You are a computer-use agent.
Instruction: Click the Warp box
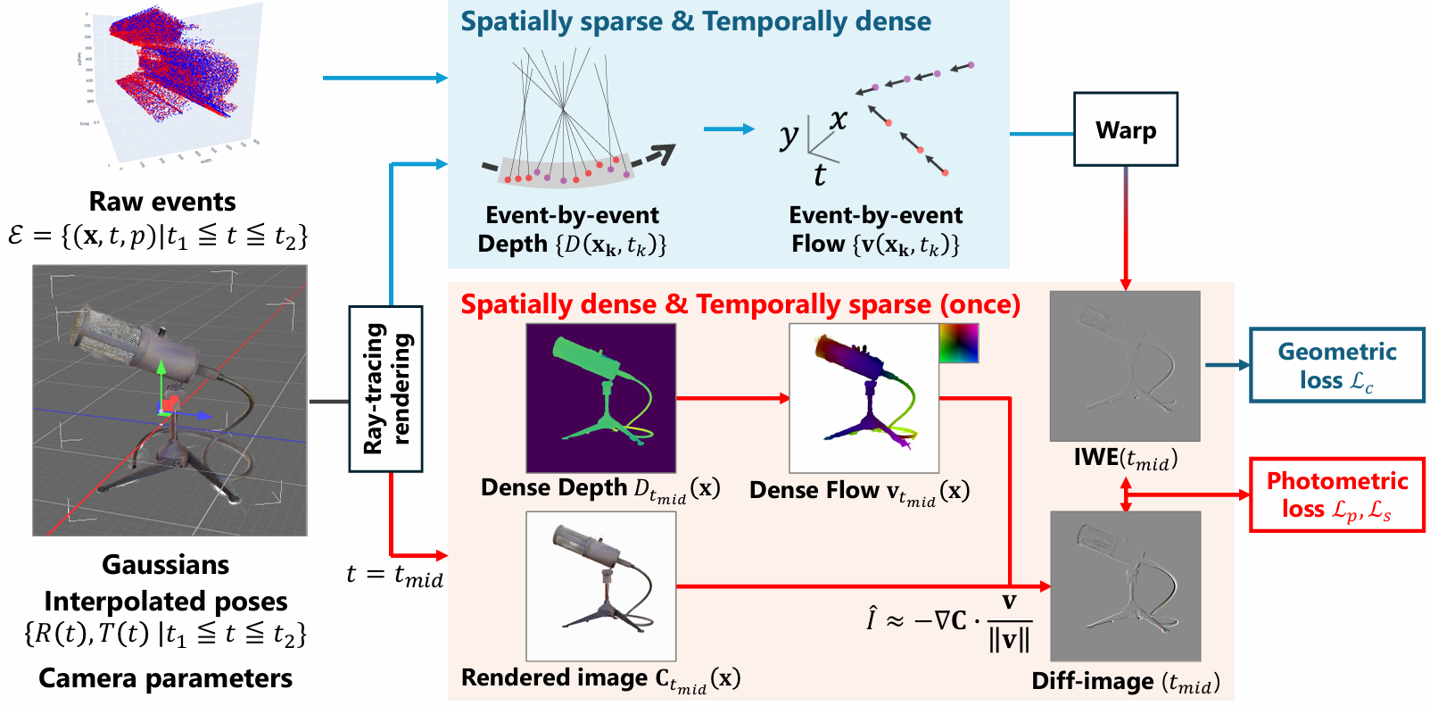[1125, 129]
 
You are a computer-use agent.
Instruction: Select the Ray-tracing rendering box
[385, 388]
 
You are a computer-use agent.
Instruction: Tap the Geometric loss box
[1336, 365]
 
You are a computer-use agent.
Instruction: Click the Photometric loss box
[1336, 494]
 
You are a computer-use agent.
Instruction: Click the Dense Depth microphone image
[600, 397]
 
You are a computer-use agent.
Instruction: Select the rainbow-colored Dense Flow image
[864, 398]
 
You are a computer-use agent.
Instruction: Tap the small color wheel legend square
[958, 343]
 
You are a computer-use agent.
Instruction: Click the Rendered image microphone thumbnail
[600, 586]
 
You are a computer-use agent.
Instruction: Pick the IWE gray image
[1125, 366]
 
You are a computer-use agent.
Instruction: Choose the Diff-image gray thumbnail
[1125, 586]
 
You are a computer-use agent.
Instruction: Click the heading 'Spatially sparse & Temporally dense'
[696, 21]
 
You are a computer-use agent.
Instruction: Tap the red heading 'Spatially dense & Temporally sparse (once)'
[740, 304]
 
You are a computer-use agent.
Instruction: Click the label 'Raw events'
[162, 201]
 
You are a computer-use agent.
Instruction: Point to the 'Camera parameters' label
[165, 678]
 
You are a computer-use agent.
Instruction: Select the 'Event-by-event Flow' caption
[875, 229]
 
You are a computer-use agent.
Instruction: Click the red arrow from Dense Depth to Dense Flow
[732, 398]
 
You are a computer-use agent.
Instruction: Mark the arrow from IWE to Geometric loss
[1227, 365]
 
